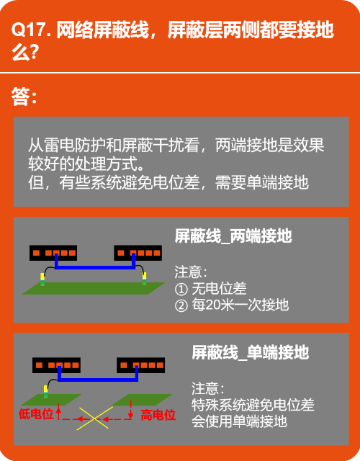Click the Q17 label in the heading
29,30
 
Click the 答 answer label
20,96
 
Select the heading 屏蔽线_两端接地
233,236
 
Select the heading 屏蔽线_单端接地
250,352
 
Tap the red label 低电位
36,414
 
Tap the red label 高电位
158,415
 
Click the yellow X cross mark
94,418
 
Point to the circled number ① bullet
181,289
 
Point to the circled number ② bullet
181,305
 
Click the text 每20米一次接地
240,305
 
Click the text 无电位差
219,288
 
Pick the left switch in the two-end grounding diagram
53,253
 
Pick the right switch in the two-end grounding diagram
138,253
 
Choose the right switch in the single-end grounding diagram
141,365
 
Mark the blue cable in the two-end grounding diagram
95,267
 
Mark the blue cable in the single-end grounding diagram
98,380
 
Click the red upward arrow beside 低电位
59,411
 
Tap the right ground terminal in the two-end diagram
144,279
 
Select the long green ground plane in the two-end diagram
94,288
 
